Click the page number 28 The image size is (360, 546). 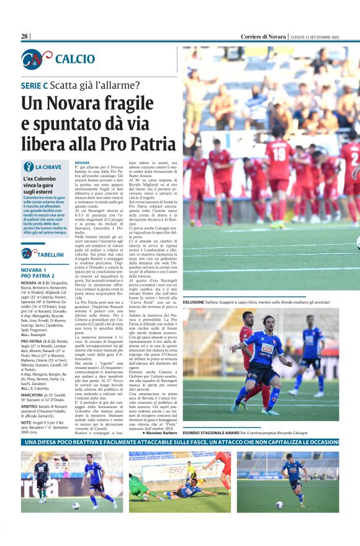pyautogui.click(x=25, y=37)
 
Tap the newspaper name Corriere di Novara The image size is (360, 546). pyautogui.click(x=263, y=37)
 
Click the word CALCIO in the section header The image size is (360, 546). pyautogui.click(x=74, y=59)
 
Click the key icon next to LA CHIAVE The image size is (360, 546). pyautogui.click(x=28, y=166)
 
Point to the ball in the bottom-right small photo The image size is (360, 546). pyautogui.click(x=280, y=504)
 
